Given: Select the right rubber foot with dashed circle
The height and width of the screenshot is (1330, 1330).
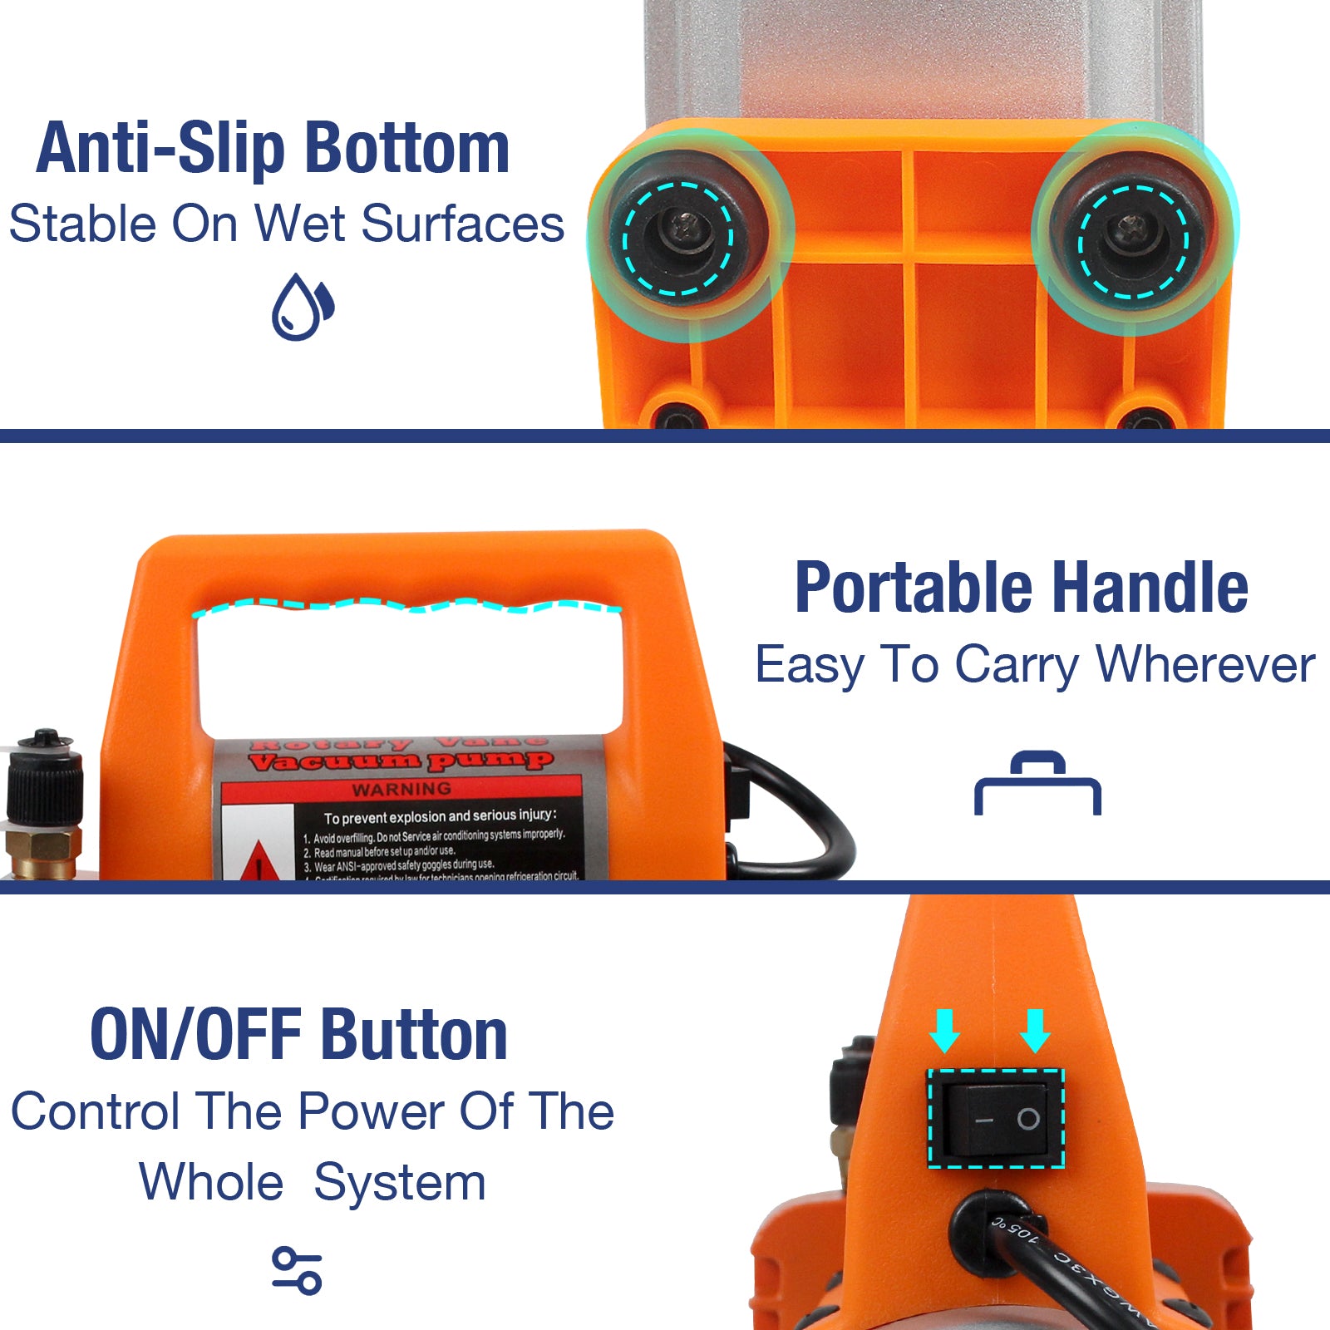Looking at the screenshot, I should point(1133,241).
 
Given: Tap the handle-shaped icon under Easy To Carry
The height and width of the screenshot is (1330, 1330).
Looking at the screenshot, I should point(1037,784).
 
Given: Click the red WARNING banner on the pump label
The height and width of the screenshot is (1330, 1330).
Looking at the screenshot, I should point(401,789).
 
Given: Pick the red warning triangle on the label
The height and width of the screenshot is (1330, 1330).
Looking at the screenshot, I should point(259,861).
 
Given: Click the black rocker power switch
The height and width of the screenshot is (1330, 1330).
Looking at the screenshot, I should point(996,1118).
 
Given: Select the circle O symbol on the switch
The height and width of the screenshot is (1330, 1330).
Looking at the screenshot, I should point(1028,1119).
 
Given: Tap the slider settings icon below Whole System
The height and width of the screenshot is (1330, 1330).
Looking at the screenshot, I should point(297,1270).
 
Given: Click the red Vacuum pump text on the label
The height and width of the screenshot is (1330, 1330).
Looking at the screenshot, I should point(400,761).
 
